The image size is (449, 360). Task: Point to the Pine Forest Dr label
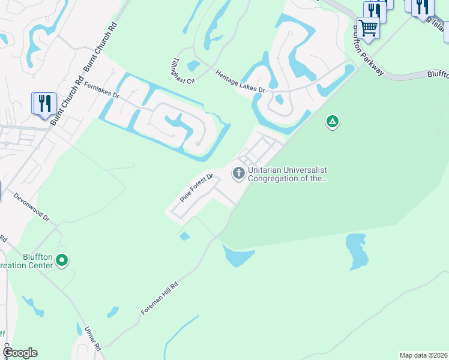[197, 188]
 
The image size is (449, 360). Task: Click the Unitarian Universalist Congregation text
[288, 174]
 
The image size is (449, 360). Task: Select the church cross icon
[239, 174]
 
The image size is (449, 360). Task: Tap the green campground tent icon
[332, 122]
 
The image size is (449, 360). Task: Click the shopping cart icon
[368, 28]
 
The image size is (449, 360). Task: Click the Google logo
[20, 353]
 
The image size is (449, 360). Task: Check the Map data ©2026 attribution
[423, 355]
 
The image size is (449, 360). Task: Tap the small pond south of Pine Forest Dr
[184, 236]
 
